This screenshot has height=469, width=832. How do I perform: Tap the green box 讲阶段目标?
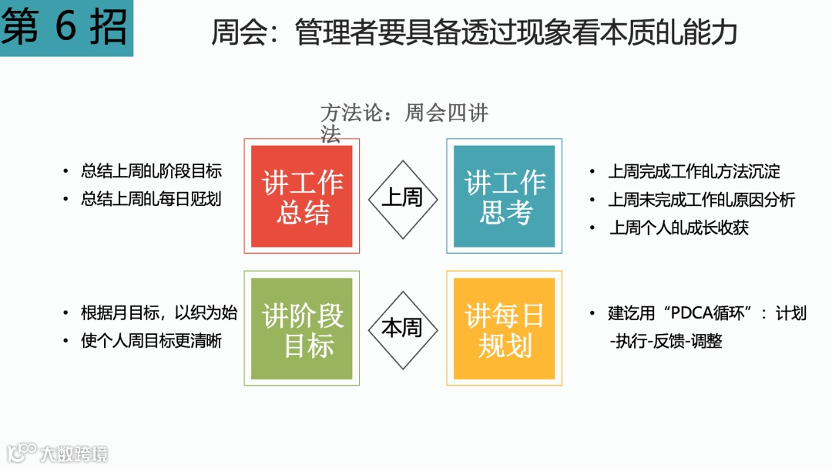click(302, 329)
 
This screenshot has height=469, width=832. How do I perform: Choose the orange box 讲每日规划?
click(504, 329)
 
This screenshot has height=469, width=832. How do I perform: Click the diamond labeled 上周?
click(402, 197)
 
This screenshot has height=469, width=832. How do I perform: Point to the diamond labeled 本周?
click(402, 329)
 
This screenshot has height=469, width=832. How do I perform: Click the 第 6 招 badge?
click(65, 28)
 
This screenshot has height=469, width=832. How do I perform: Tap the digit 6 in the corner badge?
click(66, 28)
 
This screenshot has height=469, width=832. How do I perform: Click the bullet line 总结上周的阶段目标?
click(151, 171)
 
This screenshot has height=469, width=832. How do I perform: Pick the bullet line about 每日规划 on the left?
click(151, 198)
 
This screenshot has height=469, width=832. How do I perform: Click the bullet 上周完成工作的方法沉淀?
click(693, 171)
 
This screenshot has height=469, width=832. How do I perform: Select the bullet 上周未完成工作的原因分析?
click(701, 200)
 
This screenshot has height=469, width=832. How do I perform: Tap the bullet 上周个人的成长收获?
click(678, 228)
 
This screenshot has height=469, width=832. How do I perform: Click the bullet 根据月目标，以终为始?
click(159, 313)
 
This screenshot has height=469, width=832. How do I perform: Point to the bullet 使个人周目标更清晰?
click(151, 340)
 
